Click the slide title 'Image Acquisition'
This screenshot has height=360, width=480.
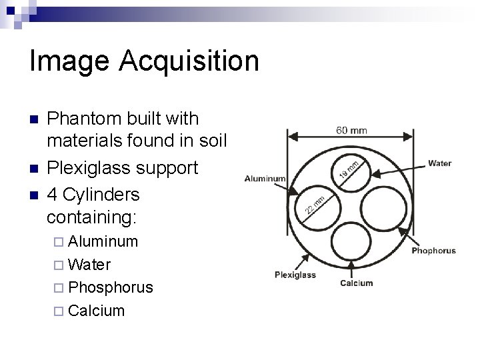click(144, 61)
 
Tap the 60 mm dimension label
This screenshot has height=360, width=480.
click(351, 131)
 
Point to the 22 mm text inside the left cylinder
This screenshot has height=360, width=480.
click(314, 205)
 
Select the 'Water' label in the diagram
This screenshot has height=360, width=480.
click(439, 163)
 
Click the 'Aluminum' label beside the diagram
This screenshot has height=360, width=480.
click(265, 179)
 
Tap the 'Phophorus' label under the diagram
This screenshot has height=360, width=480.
click(433, 251)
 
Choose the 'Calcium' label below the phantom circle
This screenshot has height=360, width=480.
click(356, 283)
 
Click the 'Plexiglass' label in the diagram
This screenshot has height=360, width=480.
click(295, 275)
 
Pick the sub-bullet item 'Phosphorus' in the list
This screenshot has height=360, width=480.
click(111, 287)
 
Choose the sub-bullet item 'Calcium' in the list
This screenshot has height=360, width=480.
click(97, 311)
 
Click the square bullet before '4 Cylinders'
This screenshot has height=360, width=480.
click(34, 195)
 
